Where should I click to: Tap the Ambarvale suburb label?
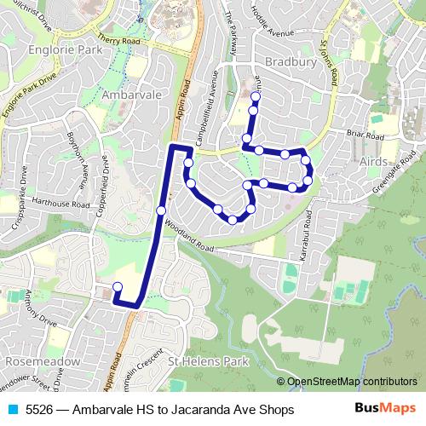click(x=126, y=95)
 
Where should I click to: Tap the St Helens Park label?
click(x=207, y=360)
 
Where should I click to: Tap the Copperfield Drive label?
click(x=104, y=183)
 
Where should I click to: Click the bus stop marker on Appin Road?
click(x=161, y=210)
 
